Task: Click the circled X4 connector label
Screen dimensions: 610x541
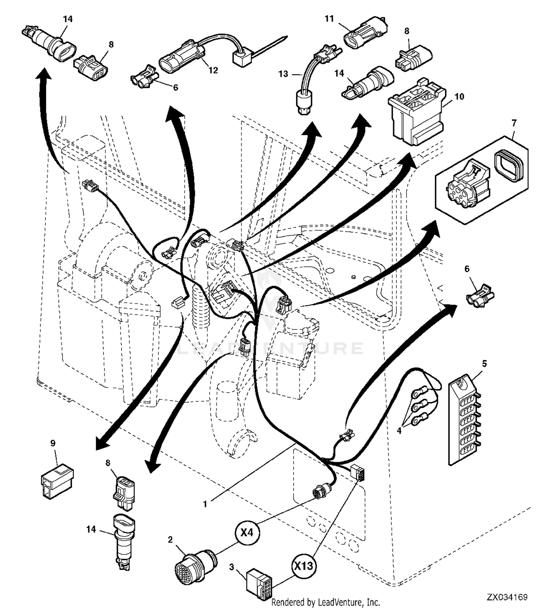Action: point(247,532)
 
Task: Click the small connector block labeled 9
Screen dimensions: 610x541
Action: point(57,481)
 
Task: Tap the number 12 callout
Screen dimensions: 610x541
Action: point(214,70)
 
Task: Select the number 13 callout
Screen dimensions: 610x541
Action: point(283,74)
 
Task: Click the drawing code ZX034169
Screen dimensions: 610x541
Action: point(507,597)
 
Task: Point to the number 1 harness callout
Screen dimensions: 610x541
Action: point(205,504)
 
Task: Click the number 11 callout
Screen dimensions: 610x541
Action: point(329,18)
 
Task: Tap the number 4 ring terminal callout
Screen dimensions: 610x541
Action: point(399,430)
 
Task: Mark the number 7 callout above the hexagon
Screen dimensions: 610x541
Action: point(514,123)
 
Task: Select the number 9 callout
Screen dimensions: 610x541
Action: point(53,443)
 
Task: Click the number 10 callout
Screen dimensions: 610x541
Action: point(459,97)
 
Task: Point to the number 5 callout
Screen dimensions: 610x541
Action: point(484,364)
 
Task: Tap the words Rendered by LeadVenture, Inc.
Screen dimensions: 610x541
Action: point(325,602)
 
